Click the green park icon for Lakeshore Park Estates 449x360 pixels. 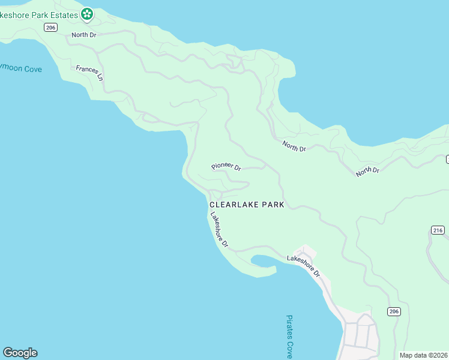pos(87,13)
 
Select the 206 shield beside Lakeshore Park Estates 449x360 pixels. pos(50,27)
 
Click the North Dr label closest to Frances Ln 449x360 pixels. pos(84,35)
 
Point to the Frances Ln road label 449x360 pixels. pos(89,73)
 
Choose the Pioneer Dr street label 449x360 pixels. pos(226,167)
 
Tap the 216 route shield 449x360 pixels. pos(437,230)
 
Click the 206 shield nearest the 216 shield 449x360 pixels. pos(393,311)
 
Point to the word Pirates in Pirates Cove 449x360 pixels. pos(289,328)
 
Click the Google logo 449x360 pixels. pos(20,353)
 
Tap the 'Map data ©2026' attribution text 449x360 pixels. pos(424,355)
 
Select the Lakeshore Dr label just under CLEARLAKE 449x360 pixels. pos(218,230)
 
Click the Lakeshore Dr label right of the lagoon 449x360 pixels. pos(304,266)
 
